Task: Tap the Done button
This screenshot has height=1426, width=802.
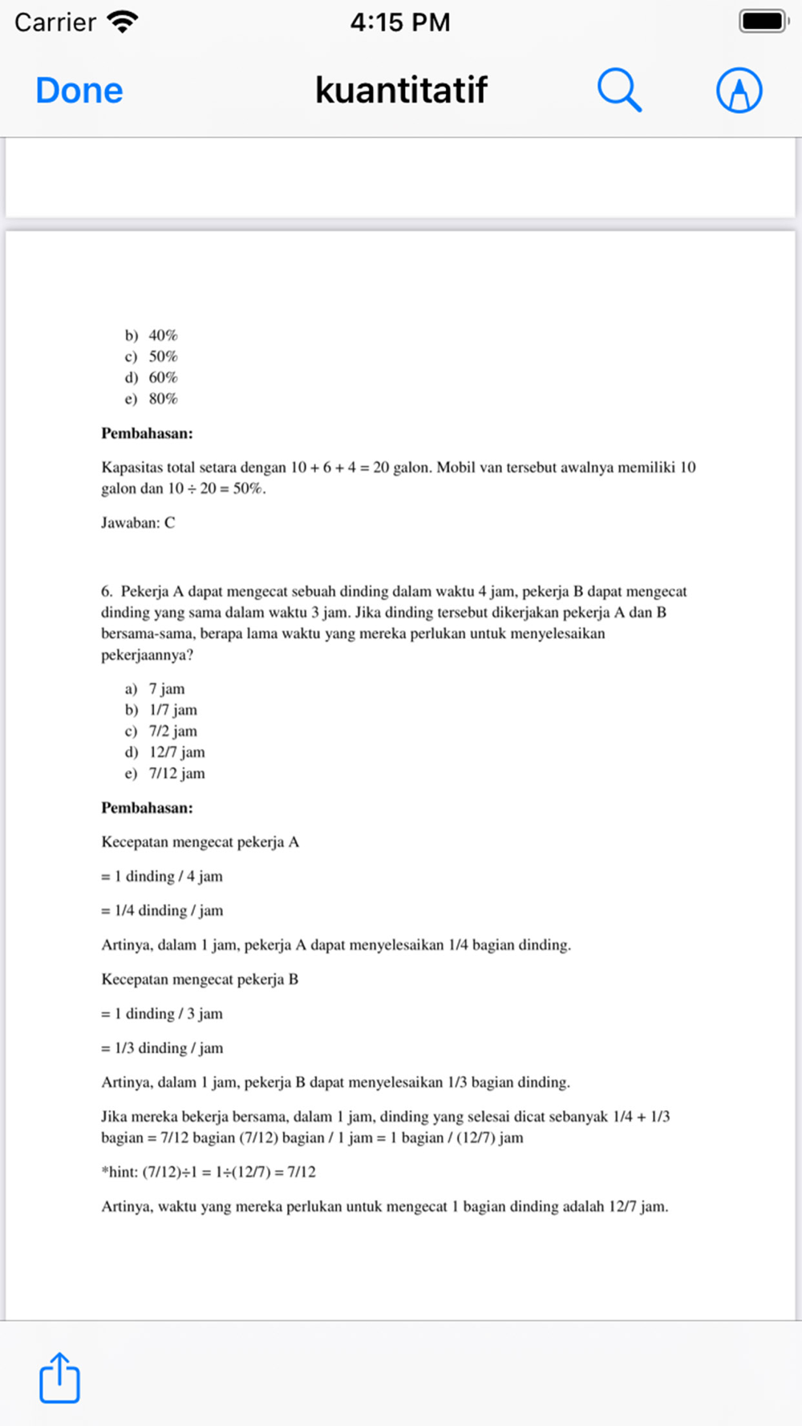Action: tap(79, 91)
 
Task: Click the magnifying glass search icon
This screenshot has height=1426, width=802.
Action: tap(619, 90)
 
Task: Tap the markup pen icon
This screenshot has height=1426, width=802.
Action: tap(739, 90)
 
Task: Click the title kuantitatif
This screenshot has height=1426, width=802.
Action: tap(401, 90)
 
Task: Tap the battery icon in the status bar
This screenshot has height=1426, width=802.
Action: tap(763, 22)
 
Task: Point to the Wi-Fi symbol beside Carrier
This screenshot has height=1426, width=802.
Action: tap(122, 22)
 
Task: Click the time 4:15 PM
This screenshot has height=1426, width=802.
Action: tap(400, 22)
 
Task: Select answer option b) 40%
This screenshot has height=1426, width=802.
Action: tap(152, 335)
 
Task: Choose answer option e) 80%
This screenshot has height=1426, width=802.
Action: tap(152, 399)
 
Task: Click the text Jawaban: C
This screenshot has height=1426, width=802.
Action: tap(138, 523)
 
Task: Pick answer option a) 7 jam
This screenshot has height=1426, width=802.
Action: tap(155, 689)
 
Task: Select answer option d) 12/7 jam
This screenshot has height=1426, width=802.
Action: tap(165, 752)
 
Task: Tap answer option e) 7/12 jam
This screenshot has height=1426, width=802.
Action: tap(165, 773)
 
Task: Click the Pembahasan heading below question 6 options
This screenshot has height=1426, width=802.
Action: tap(147, 808)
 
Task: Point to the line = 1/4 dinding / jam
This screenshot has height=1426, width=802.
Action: tap(162, 910)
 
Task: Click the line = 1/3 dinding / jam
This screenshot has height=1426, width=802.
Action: tap(162, 1047)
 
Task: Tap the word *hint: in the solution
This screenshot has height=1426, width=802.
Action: tap(119, 1172)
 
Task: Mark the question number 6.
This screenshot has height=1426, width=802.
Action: tap(107, 591)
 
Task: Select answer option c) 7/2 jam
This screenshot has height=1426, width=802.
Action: tap(161, 731)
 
